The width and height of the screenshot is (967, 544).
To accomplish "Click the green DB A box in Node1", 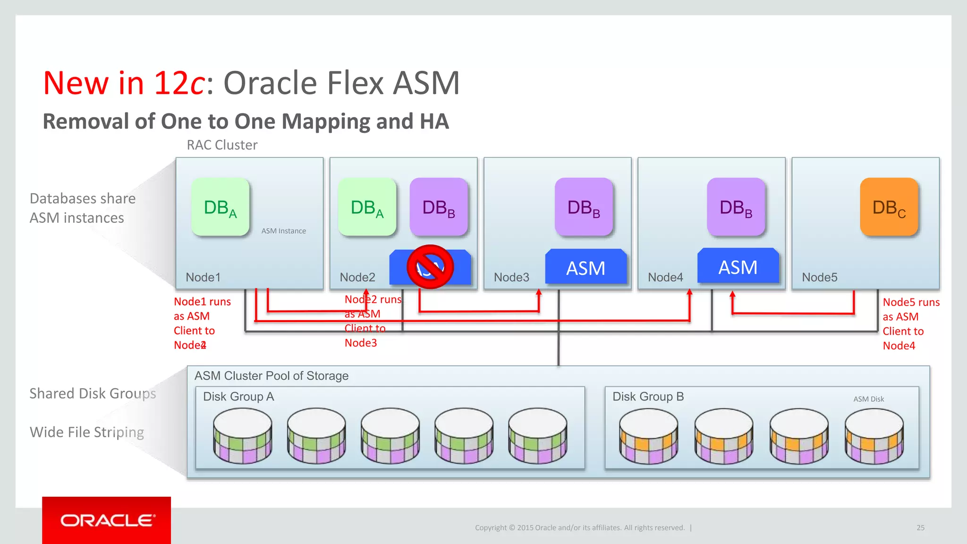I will (220, 207).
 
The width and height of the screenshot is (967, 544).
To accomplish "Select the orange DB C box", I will (889, 207).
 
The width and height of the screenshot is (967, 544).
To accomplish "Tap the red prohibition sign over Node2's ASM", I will (430, 267).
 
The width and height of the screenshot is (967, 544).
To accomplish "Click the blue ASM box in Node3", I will (585, 268).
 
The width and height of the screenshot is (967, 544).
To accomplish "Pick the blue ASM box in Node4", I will (738, 267).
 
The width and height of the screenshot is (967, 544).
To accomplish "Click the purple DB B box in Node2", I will (439, 207).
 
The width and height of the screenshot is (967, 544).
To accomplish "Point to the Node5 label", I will (820, 277).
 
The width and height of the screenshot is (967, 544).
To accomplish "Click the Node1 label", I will (203, 277).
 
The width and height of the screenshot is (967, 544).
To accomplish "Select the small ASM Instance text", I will (283, 231).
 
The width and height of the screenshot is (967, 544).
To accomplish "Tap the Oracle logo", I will (107, 520).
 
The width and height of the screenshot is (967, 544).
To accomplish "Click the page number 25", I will (920, 527).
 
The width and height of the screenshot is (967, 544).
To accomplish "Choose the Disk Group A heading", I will (238, 397).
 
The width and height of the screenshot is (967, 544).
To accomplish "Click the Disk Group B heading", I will (648, 397).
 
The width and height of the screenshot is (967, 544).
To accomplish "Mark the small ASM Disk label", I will (868, 399).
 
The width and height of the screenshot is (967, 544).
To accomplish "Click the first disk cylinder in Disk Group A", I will (243, 435).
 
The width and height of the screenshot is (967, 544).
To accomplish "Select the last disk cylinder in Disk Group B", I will (874, 436).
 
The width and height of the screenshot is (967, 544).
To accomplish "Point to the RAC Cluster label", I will (222, 145).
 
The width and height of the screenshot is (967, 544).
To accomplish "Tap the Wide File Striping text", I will (87, 432).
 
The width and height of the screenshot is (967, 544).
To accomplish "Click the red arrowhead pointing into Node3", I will (539, 293).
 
